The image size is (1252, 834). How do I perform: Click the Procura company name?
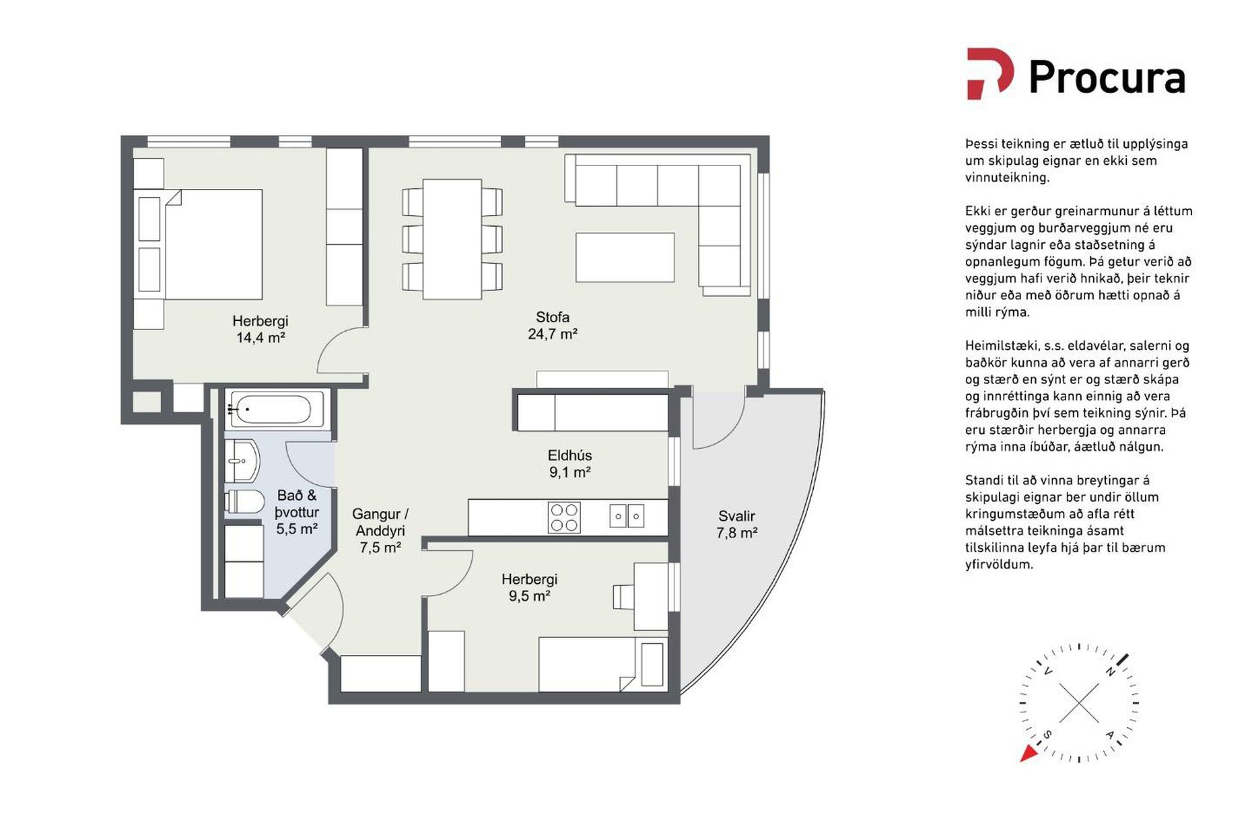[x=1107, y=78]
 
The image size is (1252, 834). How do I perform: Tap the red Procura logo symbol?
[x=989, y=73]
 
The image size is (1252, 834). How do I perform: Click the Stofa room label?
[x=552, y=317]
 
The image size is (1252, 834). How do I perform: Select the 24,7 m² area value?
[x=552, y=334]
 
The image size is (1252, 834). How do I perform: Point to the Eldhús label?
[x=570, y=455]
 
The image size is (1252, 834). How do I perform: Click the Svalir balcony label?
[x=737, y=516]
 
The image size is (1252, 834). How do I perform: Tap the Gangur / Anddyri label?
[x=381, y=523]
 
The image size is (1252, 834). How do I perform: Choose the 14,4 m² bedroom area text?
[x=260, y=338]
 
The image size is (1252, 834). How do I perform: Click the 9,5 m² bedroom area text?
[x=529, y=596]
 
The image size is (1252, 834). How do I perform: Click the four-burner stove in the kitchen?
[x=564, y=517]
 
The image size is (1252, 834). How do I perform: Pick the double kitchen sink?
[x=627, y=516]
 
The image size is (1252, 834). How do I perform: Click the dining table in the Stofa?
[x=452, y=239]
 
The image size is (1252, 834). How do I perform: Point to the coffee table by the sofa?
[x=625, y=257]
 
